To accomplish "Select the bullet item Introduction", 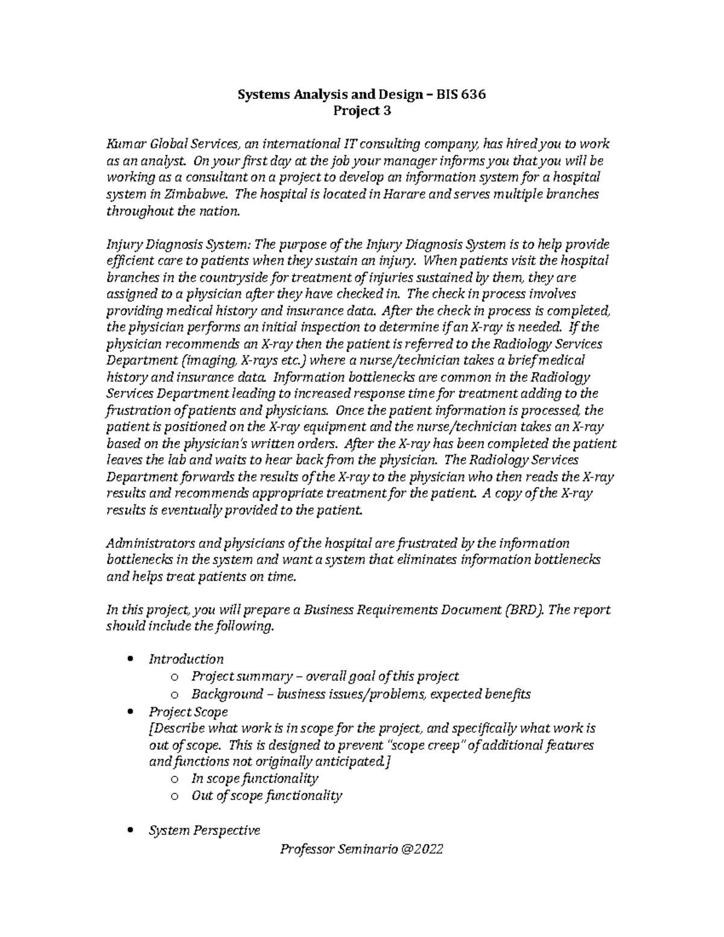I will click(186, 659).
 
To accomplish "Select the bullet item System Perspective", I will click(204, 830).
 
